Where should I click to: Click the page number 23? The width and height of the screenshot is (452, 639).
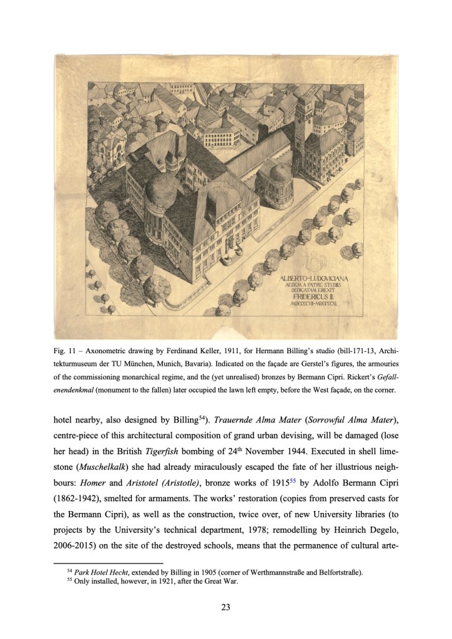coord(226,604)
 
